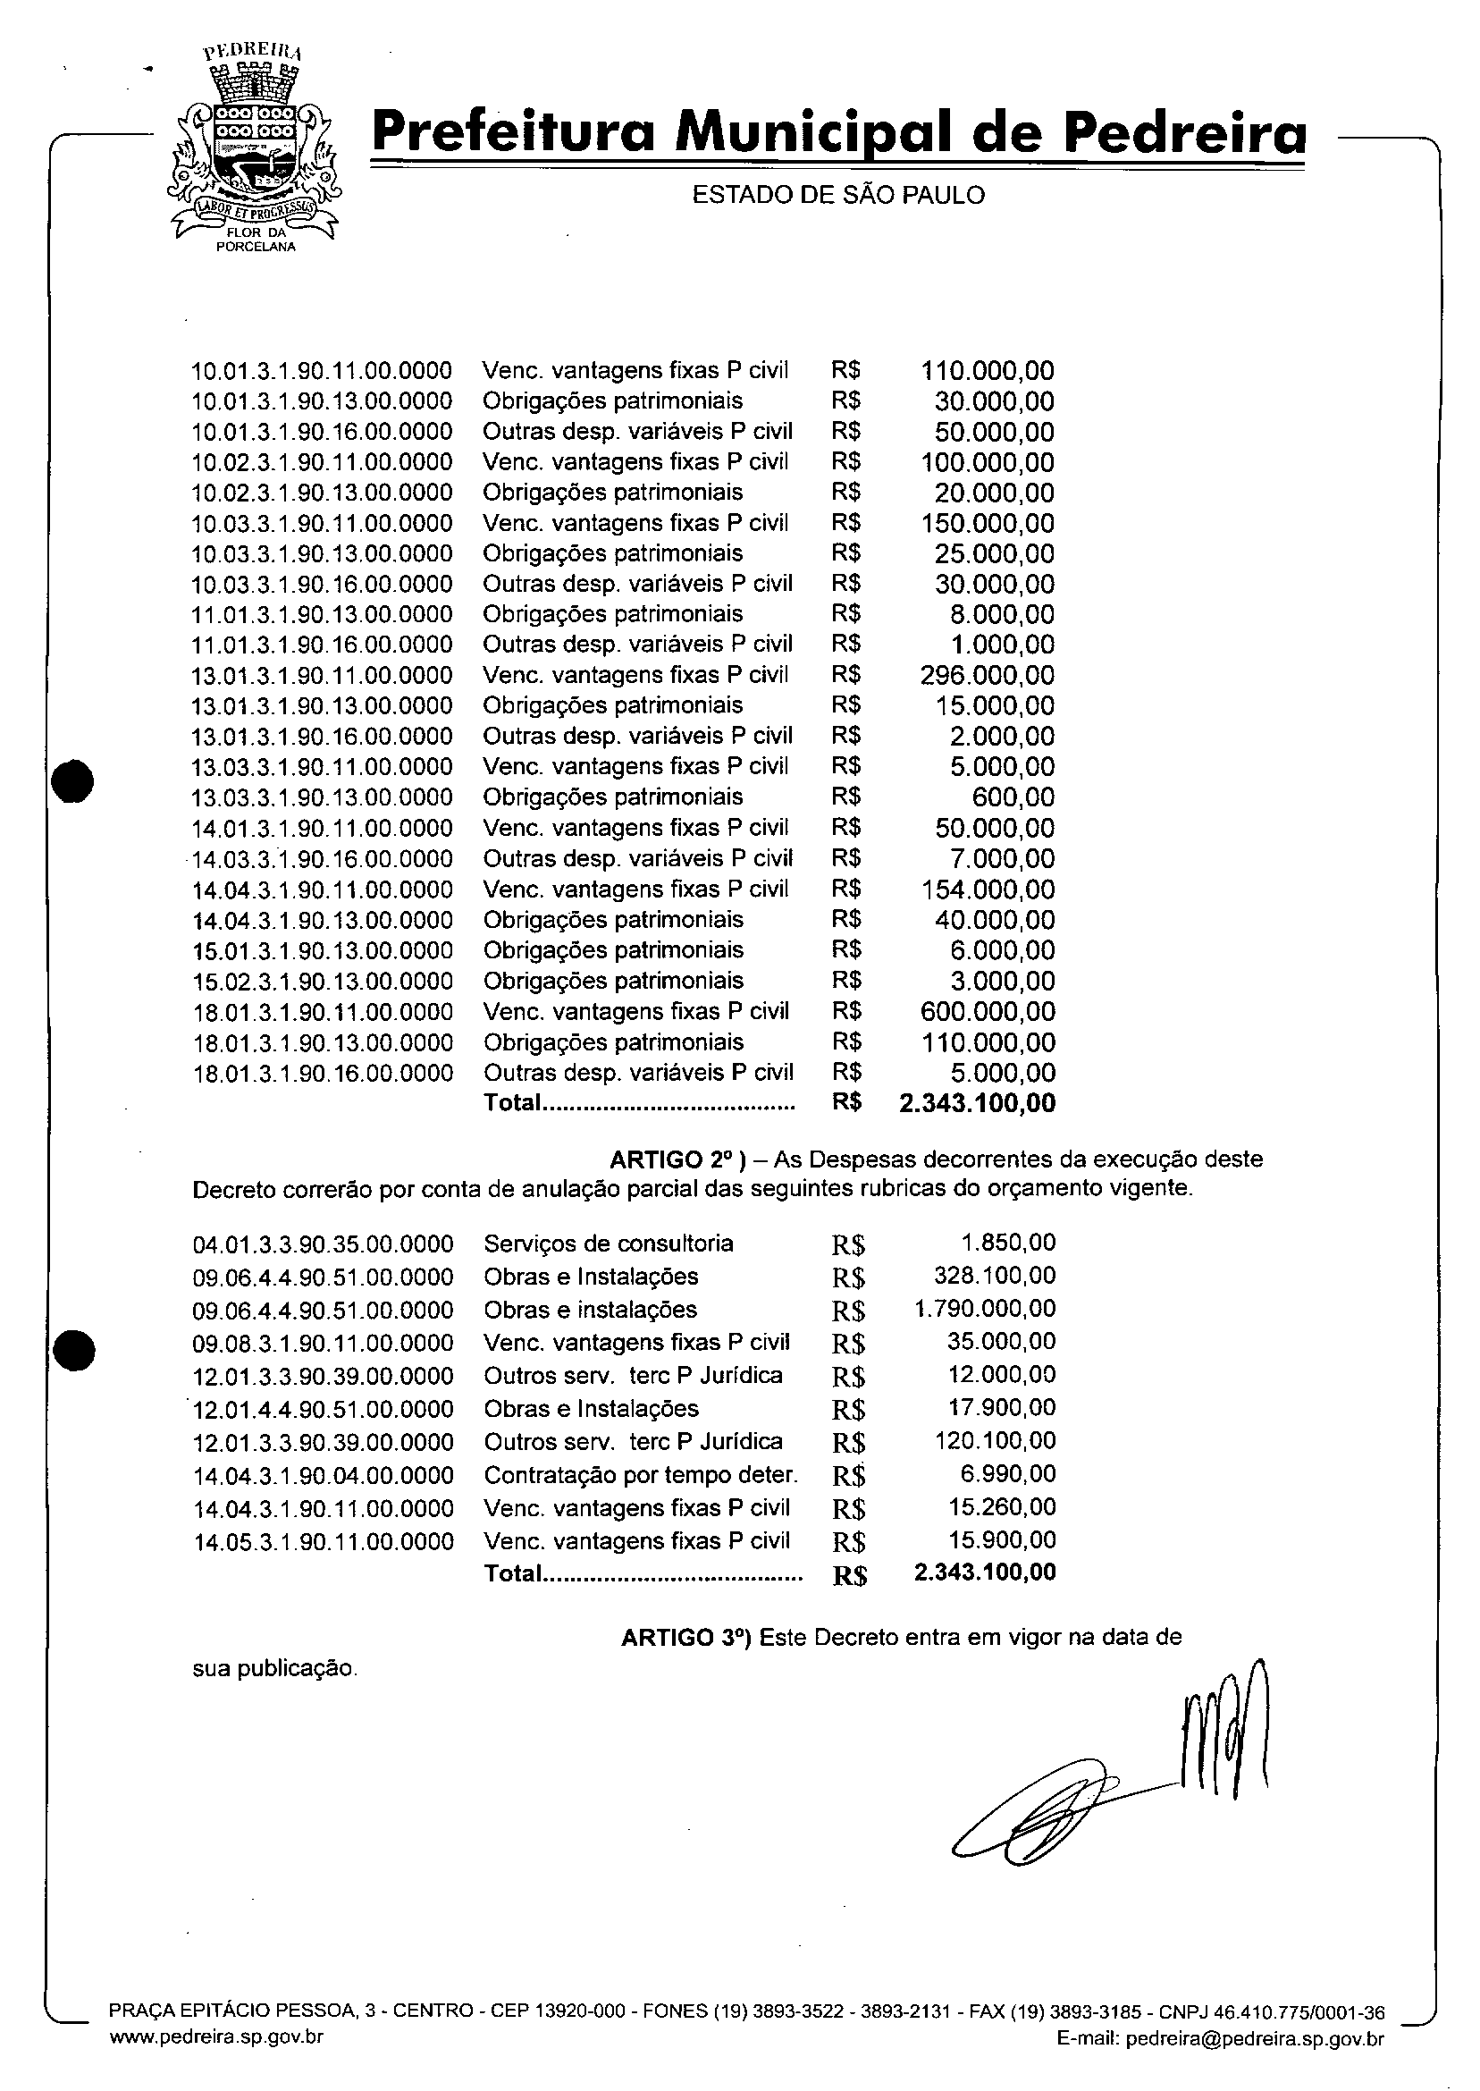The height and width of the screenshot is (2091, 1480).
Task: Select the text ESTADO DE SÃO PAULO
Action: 838,195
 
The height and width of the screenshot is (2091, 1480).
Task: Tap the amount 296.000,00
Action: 988,676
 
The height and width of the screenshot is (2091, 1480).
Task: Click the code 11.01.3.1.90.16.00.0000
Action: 322,645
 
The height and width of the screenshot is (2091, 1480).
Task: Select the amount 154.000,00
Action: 988,890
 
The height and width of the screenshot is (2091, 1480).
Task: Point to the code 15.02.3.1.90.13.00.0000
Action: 323,982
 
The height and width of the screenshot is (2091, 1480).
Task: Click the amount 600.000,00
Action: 988,1012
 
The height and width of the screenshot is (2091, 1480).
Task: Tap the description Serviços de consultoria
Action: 608,1244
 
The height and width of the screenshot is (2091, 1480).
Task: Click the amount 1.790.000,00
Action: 984,1310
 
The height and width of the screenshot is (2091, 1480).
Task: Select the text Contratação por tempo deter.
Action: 641,1475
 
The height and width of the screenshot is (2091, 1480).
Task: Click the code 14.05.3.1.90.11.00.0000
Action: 324,1541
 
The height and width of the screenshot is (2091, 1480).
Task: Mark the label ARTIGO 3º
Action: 685,1638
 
